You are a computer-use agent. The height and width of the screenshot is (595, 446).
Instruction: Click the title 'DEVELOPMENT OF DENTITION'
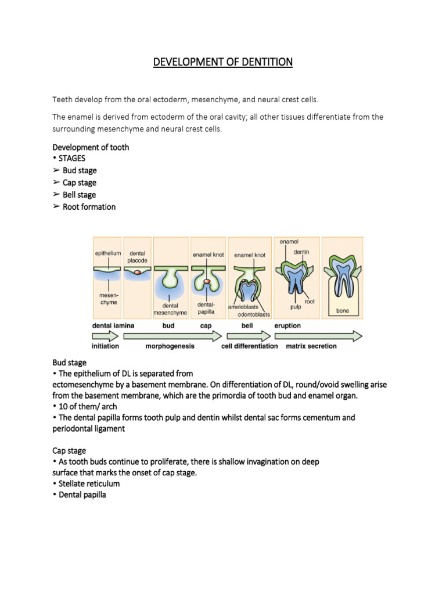click(223, 61)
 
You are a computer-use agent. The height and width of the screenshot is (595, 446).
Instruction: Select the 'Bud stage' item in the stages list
click(80, 171)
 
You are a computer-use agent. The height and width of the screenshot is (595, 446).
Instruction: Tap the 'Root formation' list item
click(89, 207)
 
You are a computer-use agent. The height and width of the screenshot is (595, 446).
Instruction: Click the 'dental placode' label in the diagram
click(138, 257)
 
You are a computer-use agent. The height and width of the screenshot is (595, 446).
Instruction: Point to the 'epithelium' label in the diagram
click(107, 253)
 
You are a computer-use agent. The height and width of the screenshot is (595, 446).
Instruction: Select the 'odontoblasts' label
click(254, 314)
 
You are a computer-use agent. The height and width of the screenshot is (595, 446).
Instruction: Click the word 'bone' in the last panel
click(343, 311)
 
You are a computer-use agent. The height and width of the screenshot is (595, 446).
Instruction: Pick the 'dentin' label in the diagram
click(301, 252)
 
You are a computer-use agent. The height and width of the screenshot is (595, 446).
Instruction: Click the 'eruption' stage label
click(287, 326)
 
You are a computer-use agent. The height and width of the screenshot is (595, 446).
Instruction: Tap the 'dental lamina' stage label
click(113, 326)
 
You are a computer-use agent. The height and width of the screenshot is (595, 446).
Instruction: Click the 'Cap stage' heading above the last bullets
click(69, 450)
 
